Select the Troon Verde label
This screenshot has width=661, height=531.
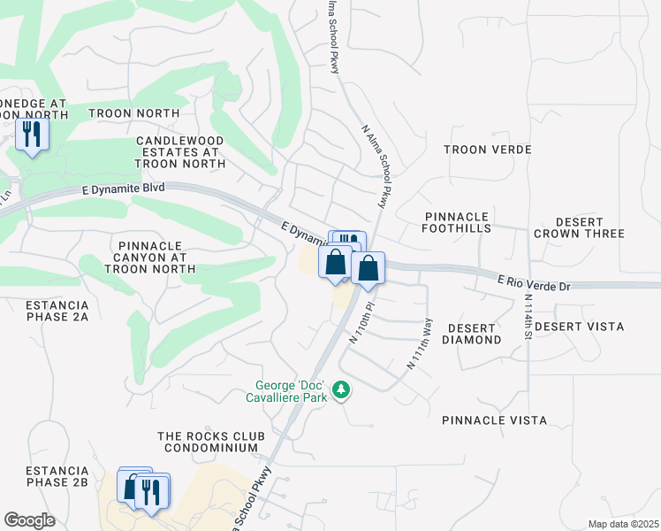(487, 150)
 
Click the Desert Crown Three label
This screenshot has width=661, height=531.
(579, 227)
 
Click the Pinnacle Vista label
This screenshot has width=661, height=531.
(507, 420)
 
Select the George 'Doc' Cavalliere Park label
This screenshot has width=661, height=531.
(291, 391)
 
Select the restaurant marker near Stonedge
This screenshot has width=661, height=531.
(32, 135)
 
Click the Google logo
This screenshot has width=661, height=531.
(30, 520)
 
